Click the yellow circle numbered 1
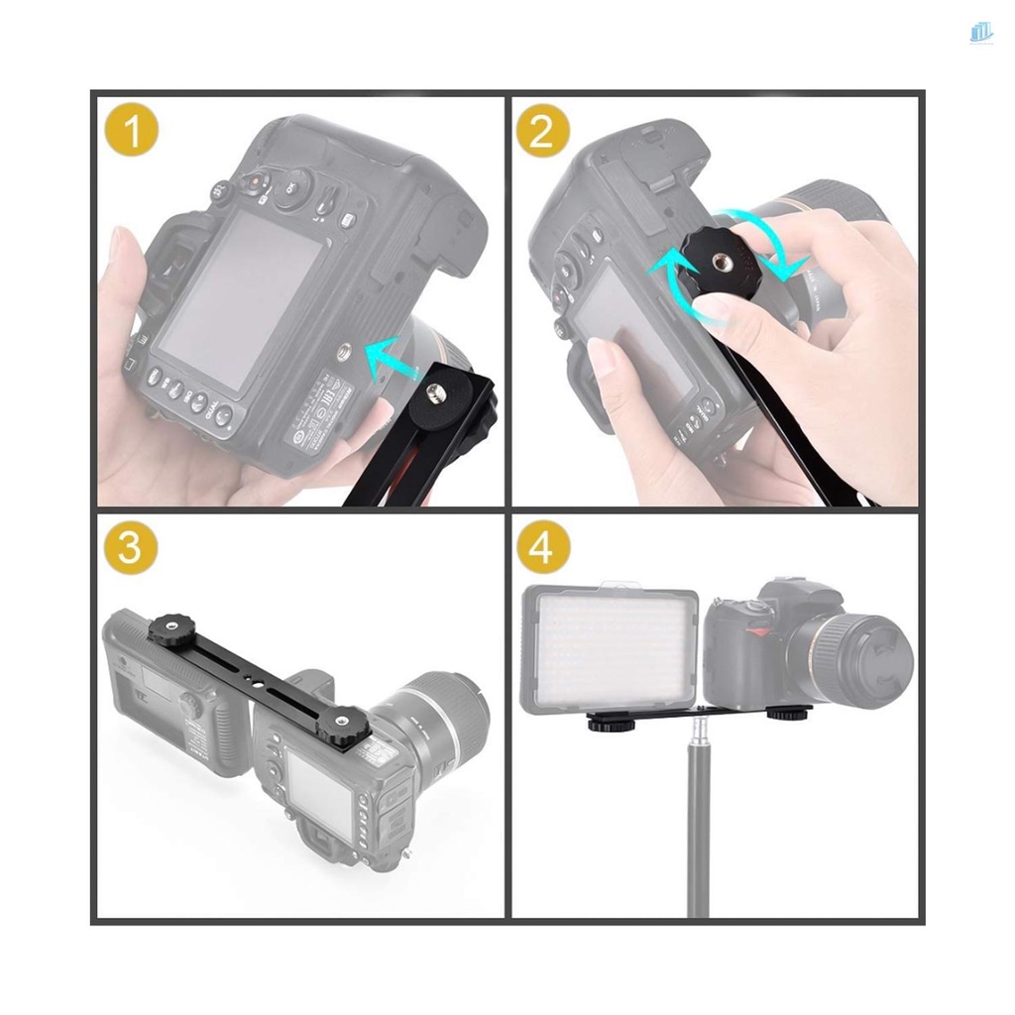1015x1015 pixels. point(131,132)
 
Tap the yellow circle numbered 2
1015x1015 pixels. point(542,132)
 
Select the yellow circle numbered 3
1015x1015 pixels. point(131,547)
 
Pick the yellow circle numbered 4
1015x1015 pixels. point(542,547)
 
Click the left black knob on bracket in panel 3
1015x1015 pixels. point(165,629)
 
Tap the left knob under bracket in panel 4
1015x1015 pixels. point(607,723)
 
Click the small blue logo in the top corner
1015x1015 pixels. point(980,33)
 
